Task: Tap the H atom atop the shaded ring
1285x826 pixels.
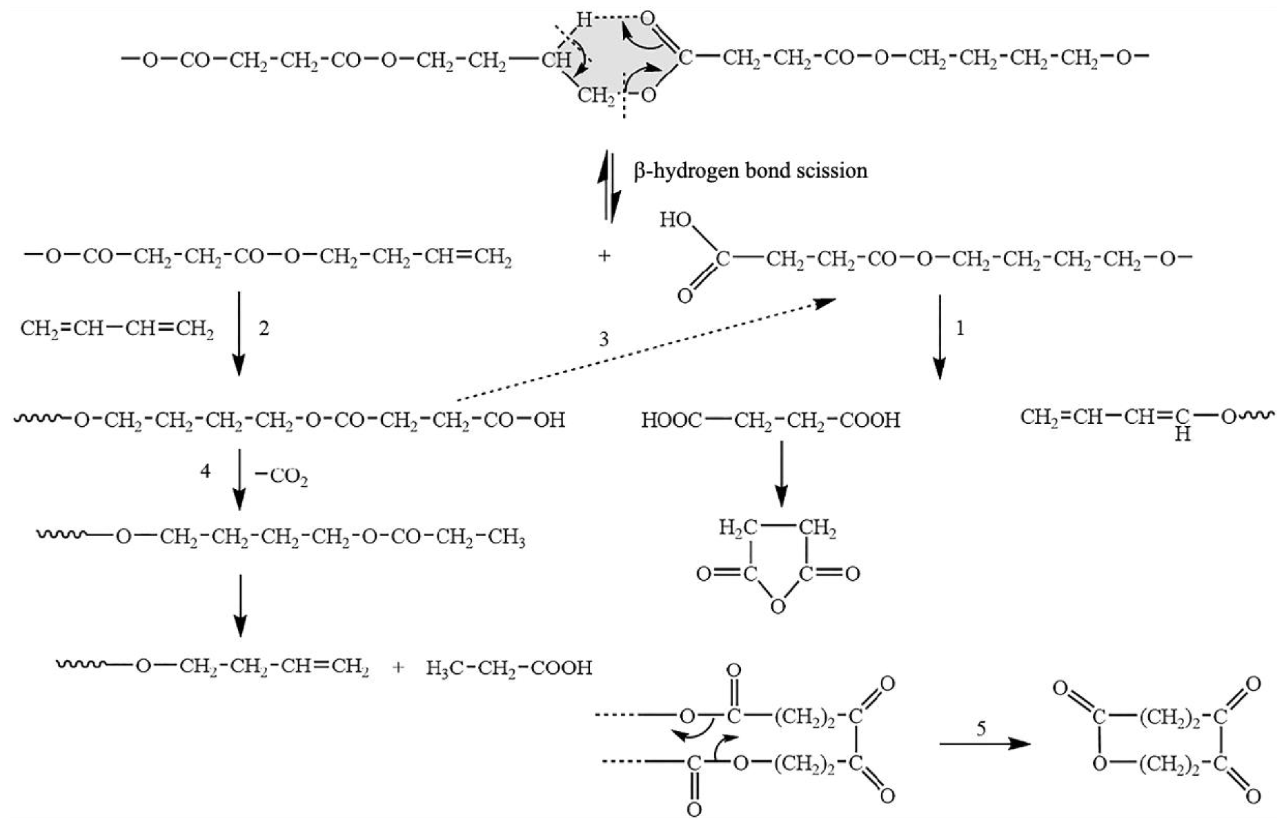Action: (584, 20)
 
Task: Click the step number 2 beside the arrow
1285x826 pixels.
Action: (264, 328)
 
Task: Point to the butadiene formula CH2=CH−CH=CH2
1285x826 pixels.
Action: (117, 328)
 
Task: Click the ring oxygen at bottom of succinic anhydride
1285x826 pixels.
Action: (778, 607)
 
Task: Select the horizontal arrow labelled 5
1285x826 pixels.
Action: (985, 743)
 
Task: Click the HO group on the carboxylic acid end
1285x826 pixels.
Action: (675, 219)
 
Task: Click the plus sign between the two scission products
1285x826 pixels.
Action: (604, 256)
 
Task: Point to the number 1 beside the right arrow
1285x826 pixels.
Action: (960, 328)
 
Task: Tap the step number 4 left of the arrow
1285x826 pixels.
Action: (205, 471)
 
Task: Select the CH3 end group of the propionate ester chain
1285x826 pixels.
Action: (506, 536)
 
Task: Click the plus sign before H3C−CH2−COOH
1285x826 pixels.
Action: (397, 668)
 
